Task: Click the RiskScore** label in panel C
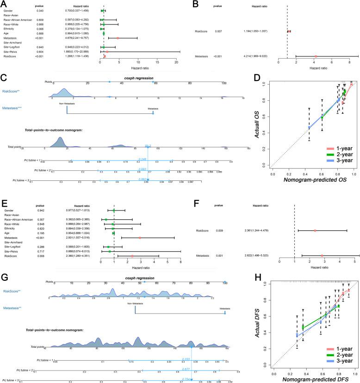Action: (12, 92)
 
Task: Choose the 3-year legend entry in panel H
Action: (342, 360)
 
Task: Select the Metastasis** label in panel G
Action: (12, 307)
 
